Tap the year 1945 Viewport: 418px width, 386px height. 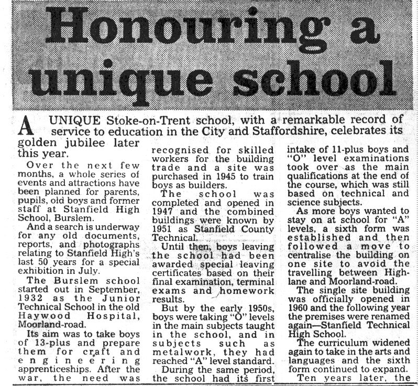tap(229, 182)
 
